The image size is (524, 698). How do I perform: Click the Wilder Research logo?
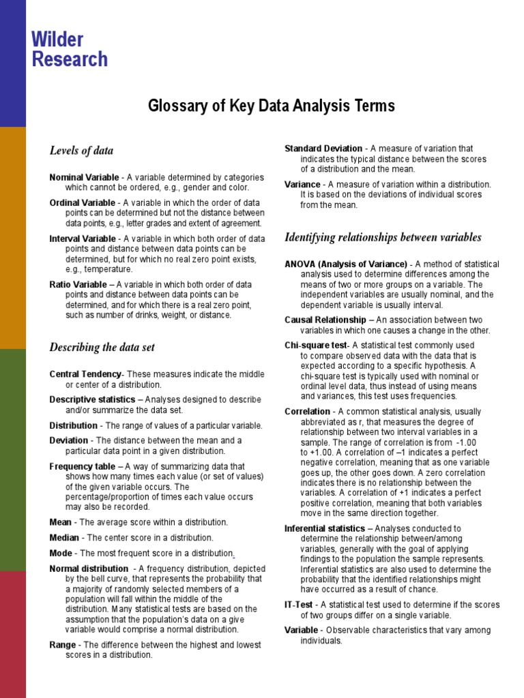coord(70,49)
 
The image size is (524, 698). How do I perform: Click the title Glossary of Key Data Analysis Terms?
coord(272,106)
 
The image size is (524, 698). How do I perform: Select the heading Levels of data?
coord(81,151)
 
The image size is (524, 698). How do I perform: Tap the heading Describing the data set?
coord(102,347)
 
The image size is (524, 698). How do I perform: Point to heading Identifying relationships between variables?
coord(383,237)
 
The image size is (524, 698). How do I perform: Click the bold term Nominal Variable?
coord(84,177)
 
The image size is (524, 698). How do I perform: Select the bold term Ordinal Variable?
coord(83,203)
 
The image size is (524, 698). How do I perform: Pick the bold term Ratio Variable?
coord(78,284)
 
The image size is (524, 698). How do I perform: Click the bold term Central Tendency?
coord(85,374)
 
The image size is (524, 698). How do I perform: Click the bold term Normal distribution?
coord(89,568)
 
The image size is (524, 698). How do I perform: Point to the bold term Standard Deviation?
coord(323,149)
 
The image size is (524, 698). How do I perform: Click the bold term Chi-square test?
coord(315,346)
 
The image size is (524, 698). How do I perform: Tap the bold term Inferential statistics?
coord(325,528)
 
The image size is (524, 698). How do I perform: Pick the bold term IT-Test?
coord(299,605)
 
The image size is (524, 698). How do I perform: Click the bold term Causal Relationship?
coord(325,320)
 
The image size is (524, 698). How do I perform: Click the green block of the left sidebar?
coord(13,460)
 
